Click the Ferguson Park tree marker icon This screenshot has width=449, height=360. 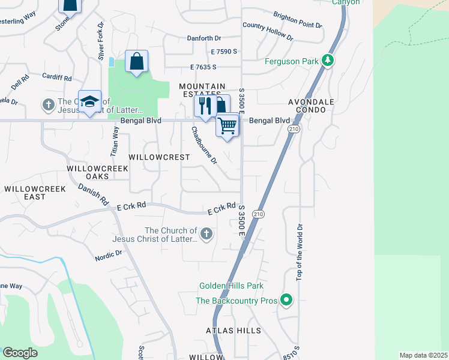coord(328,61)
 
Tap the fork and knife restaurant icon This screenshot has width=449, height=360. coord(205,106)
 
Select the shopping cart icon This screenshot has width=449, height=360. coord(228,126)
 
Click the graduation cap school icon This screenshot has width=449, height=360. coord(89,102)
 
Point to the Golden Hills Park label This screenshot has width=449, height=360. coord(232,286)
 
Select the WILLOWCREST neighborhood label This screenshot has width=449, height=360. coord(159,157)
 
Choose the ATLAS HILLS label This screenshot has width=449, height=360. coord(234,331)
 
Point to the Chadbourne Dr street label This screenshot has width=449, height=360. coord(204,145)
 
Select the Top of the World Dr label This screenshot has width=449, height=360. coord(298,252)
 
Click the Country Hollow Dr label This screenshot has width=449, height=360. coord(268,31)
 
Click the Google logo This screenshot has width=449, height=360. coord(20,353)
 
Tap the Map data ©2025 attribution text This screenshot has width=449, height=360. coord(423,355)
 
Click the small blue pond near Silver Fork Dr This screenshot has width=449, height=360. coord(112,62)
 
